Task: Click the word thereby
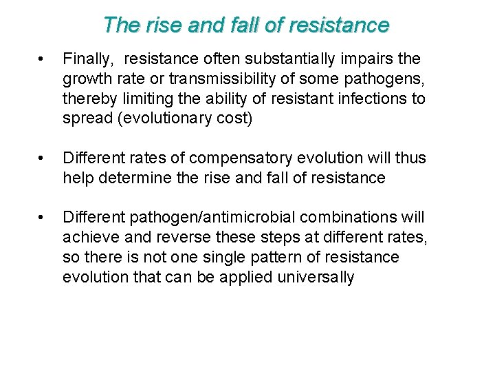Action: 87,99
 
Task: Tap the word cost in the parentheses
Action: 236,118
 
